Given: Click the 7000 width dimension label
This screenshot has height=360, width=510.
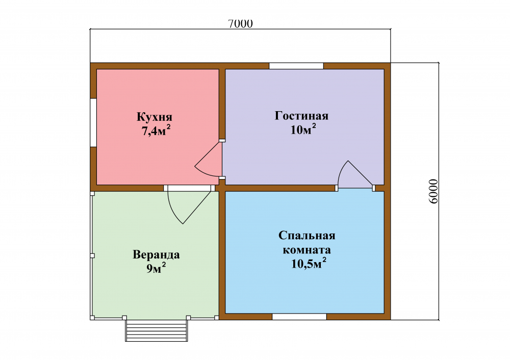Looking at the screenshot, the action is click(x=240, y=24).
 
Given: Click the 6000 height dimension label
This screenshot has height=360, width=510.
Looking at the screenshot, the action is click(x=433, y=191).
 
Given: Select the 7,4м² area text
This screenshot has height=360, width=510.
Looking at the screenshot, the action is click(x=156, y=131).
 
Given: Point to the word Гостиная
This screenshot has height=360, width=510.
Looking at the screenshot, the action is click(x=301, y=116).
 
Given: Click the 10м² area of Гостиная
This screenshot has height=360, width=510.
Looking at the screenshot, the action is click(x=303, y=130).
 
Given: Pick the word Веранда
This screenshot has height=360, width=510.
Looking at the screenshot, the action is click(x=156, y=254).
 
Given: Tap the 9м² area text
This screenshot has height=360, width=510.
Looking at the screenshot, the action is click(x=156, y=268).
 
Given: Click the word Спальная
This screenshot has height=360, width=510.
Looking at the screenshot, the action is click(x=307, y=236).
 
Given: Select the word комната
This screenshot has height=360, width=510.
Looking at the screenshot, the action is click(x=307, y=250).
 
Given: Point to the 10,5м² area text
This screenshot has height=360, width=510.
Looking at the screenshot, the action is click(x=309, y=264).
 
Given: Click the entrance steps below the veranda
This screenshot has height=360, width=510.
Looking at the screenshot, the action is click(x=157, y=330).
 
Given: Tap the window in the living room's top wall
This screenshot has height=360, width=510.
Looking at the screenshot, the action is click(x=296, y=66).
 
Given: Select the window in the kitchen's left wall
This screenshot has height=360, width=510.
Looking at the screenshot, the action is click(x=93, y=122).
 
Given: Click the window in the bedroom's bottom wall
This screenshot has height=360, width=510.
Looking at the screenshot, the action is click(x=299, y=317).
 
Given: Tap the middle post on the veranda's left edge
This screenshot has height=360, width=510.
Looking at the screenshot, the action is click(x=92, y=255).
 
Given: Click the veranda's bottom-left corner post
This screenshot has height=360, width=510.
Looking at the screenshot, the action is click(x=92, y=317).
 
